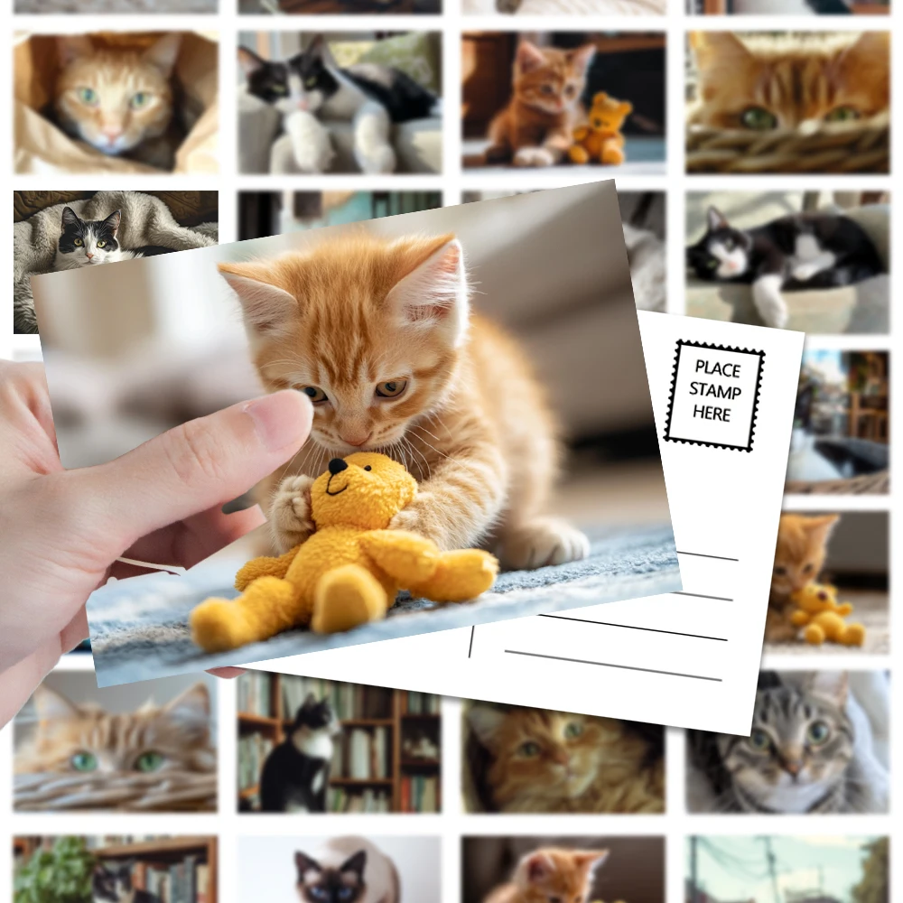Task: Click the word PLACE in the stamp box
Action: point(718,368)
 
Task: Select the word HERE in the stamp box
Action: point(712,413)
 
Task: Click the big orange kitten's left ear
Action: point(256,292)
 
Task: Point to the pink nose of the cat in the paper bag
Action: point(111,136)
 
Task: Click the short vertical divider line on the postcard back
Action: point(471,641)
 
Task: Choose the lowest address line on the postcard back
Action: point(613,666)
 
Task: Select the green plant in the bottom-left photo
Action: point(55,870)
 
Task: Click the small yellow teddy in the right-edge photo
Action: point(824,614)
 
